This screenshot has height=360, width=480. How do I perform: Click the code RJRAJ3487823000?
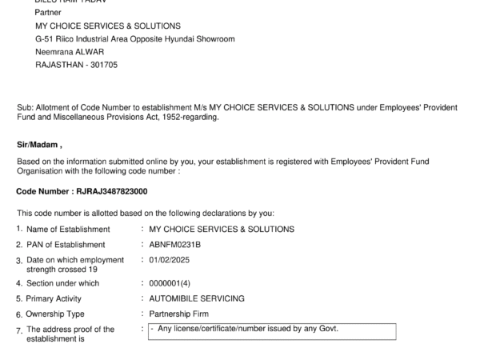[x=111, y=192]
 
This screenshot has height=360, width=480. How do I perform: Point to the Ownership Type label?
[x=55, y=314]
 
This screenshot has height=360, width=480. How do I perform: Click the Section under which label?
[x=62, y=283]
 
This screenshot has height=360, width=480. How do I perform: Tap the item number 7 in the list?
[x=19, y=330]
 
